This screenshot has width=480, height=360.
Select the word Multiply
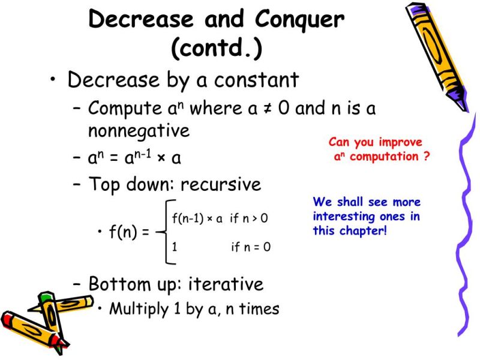(139, 309)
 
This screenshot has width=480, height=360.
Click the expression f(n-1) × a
(197, 218)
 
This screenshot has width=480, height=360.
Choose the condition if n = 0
(250, 246)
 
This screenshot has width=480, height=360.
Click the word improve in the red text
(399, 142)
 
